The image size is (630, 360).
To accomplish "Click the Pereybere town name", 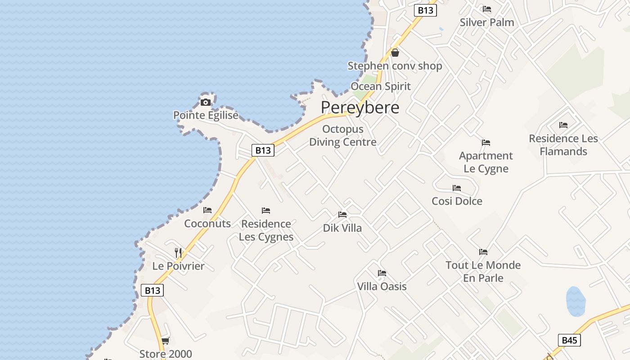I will (x=360, y=108).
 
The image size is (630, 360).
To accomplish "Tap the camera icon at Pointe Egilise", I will (x=206, y=102).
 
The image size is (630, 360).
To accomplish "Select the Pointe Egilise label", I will (x=206, y=116).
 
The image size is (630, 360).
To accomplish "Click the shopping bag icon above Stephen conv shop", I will (x=395, y=53).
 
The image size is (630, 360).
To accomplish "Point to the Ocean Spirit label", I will (x=381, y=86).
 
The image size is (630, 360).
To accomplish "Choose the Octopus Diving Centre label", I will (x=343, y=135).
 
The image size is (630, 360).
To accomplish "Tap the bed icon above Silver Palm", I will (x=487, y=9).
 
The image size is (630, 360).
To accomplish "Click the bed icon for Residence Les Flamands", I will (x=563, y=125).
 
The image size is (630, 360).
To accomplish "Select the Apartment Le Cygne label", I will (x=486, y=162).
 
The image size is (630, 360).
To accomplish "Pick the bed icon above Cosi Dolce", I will (x=457, y=188).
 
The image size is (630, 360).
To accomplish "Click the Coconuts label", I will (x=207, y=224).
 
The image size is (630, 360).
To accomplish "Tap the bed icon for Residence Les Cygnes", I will (x=266, y=211).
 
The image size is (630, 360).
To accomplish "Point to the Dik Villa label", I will (x=342, y=228).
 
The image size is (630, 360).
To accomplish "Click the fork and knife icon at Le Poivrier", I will (x=178, y=252).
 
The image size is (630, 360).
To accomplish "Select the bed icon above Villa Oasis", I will (x=382, y=273).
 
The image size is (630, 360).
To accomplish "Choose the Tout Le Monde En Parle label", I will (x=483, y=271).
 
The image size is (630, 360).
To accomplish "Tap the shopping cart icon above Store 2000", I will (x=165, y=341).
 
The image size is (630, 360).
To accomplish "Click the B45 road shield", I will (x=569, y=340).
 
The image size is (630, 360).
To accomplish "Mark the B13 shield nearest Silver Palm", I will (x=425, y=10).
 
